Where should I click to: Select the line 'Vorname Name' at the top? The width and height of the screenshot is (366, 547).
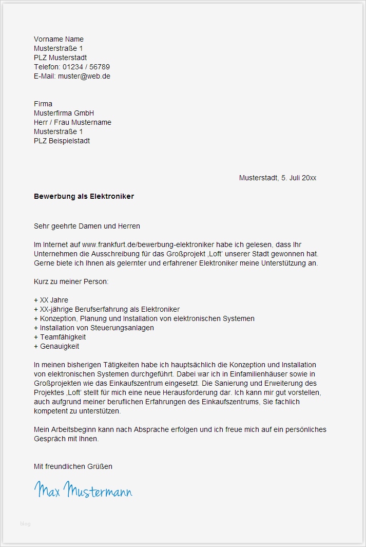(59, 39)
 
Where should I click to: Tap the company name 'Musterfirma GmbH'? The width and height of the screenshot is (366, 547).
(64, 113)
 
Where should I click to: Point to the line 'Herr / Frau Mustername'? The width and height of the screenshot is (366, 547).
(72, 122)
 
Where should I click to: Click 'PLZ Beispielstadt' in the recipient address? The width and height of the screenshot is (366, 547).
(62, 141)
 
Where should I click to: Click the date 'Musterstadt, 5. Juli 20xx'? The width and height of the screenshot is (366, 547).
(277, 178)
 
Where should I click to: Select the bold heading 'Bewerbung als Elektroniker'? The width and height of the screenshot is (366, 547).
(84, 196)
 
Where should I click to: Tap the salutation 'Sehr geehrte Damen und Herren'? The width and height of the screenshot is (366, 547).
(87, 226)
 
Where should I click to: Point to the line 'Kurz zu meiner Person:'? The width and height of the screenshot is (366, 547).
(71, 281)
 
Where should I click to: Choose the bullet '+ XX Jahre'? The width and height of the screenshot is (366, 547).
(51, 300)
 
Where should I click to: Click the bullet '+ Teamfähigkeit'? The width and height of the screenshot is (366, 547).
(60, 337)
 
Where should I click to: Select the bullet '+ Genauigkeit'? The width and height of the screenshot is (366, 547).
(56, 346)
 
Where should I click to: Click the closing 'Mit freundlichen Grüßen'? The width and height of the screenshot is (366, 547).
(73, 466)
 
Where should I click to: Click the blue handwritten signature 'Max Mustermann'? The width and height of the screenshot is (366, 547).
(83, 490)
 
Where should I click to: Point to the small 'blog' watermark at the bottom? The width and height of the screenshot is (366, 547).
(25, 523)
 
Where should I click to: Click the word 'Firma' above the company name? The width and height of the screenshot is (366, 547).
(43, 104)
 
